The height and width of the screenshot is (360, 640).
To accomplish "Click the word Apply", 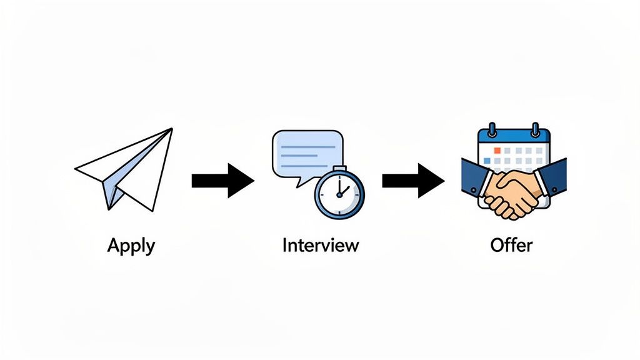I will pyautogui.click(x=131, y=245).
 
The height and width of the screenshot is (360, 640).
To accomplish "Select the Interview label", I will pyautogui.click(x=321, y=244).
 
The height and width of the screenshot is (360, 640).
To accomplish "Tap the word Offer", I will pyautogui.click(x=511, y=244).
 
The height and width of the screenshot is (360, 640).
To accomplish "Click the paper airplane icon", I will pyautogui.click(x=125, y=169).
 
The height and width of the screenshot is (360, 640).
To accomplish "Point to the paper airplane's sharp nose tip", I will pyautogui.click(x=171, y=129).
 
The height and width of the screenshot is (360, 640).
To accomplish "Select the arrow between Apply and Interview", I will pyautogui.click(x=222, y=181).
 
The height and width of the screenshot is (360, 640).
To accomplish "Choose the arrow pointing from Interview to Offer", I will pyautogui.click(x=412, y=181).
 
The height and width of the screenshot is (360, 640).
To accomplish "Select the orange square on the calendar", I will pyautogui.click(x=497, y=151).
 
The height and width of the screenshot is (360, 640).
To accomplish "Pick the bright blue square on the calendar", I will pyautogui.click(x=487, y=160).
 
